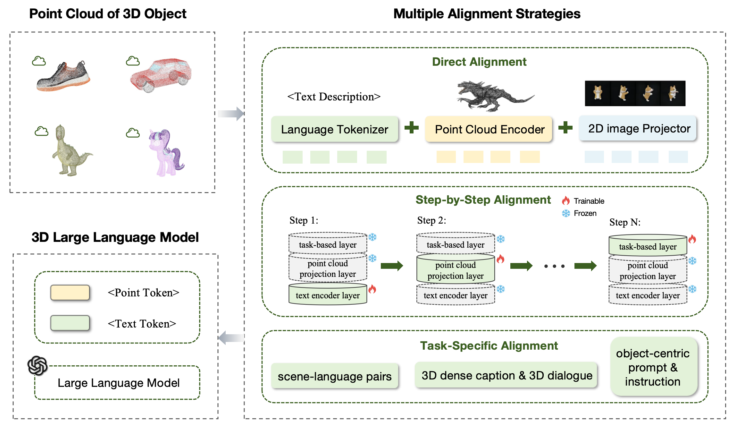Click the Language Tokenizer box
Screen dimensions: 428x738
click(x=334, y=129)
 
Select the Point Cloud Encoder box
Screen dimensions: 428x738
click(x=489, y=129)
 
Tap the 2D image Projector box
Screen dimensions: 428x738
click(x=638, y=129)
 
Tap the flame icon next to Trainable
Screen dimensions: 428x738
click(x=566, y=201)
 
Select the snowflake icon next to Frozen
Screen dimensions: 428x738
click(x=566, y=213)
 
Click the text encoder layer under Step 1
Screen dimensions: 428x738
click(x=328, y=295)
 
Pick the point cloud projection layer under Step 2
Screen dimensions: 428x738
click(x=455, y=270)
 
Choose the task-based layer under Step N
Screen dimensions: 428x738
click(x=648, y=246)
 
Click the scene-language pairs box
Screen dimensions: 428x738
click(x=334, y=376)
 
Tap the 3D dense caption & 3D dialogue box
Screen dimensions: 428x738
click(x=506, y=375)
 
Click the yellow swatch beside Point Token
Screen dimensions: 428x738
click(x=70, y=293)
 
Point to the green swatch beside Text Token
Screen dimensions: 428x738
click(x=70, y=323)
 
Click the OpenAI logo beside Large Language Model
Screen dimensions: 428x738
click(x=37, y=366)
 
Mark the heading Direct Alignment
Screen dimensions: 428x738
click(x=479, y=62)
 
